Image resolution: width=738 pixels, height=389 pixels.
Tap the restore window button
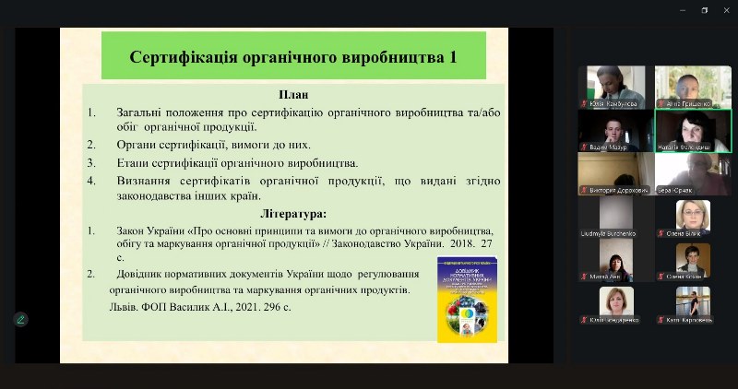pos(703,10)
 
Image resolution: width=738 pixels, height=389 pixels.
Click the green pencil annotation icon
pos(20,319)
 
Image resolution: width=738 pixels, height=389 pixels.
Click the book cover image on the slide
pos(466,300)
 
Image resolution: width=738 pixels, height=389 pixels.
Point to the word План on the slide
pos(292,94)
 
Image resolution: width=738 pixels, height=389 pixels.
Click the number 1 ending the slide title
pos(452,57)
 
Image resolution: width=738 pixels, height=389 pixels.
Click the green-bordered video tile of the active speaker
pos(693,131)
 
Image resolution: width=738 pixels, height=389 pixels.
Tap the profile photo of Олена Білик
pos(693,214)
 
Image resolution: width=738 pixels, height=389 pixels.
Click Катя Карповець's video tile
pos(693,304)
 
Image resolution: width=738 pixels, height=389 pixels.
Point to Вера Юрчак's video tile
pos(693,174)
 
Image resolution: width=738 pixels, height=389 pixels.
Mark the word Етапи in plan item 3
pos(135,162)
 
